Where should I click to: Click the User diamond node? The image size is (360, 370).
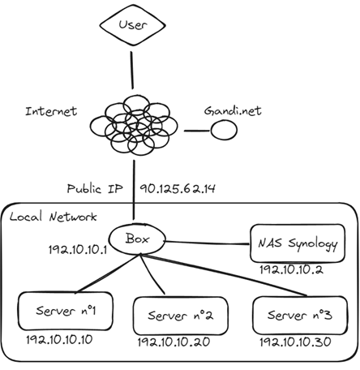[x=132, y=25]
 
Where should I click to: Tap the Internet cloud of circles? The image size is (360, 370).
[x=134, y=125]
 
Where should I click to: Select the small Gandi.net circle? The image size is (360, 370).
[x=224, y=130]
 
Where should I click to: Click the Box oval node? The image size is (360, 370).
[x=137, y=239]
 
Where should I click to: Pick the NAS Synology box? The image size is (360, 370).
[x=298, y=243]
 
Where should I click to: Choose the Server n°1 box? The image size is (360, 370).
[x=65, y=311]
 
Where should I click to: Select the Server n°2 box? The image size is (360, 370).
[x=181, y=316]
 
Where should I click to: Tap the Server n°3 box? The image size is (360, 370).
[x=300, y=316]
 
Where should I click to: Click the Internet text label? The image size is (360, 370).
[x=51, y=111]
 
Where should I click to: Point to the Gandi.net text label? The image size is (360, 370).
[x=233, y=110]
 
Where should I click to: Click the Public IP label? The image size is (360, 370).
[x=95, y=188]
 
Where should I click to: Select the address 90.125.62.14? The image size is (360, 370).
[x=178, y=188]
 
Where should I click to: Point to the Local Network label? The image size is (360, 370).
[x=53, y=217]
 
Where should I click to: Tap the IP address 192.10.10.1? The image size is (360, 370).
[x=78, y=250]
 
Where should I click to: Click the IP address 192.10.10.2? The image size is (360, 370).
[x=291, y=269]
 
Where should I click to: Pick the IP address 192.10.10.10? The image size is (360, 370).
[x=59, y=340]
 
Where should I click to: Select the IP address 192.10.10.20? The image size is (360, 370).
[x=174, y=342]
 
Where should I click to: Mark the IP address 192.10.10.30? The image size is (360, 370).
[x=295, y=342]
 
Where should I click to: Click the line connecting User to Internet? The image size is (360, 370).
[x=132, y=71]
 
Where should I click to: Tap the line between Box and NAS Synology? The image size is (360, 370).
[x=208, y=243]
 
